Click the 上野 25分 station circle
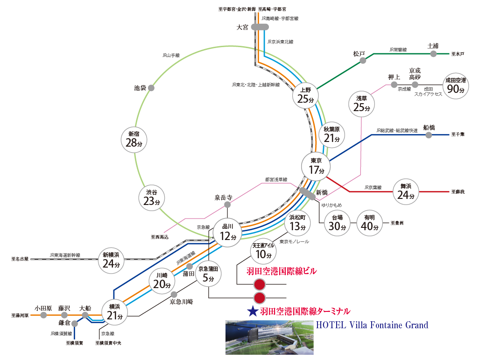[305, 96]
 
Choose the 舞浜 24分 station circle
[406, 191]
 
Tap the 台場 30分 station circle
[337, 224]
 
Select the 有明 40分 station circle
[369, 224]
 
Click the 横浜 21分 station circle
[114, 312]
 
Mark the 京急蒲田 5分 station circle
[208, 275]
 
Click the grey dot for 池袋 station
[151, 88]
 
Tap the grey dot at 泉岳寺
[227, 205]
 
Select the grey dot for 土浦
[433, 54]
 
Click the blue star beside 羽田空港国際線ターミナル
[253, 311]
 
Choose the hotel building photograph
[269, 337]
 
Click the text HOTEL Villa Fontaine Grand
[372, 325]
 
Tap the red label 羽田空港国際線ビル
[281, 271]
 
